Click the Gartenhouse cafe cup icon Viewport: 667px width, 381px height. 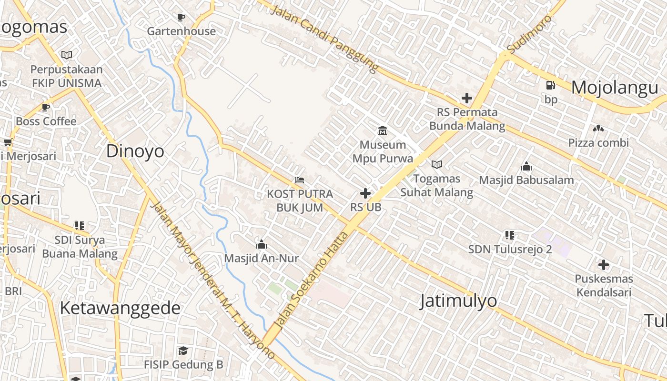181,18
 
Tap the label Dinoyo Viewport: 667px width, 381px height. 135,151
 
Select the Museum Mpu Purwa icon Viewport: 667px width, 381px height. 383,130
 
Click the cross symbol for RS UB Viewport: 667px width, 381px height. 365,193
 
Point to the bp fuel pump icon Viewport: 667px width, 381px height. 551,85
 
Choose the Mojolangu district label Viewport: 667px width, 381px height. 615,88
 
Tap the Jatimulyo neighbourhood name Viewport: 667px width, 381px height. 458,301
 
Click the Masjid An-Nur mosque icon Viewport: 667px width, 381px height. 261,245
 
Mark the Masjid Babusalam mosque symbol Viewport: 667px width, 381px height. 526,166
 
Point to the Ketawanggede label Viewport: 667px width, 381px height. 120,308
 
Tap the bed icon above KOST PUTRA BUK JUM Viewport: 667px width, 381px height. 299,180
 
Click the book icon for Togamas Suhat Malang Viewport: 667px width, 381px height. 436,165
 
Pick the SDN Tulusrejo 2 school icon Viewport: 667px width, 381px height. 510,235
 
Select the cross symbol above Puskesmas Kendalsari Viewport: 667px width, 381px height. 604,265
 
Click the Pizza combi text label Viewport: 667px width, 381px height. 598,142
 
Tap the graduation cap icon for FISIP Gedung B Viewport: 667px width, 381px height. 183,351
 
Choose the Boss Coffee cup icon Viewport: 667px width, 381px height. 46,108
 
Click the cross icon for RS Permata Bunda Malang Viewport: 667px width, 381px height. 467,99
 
